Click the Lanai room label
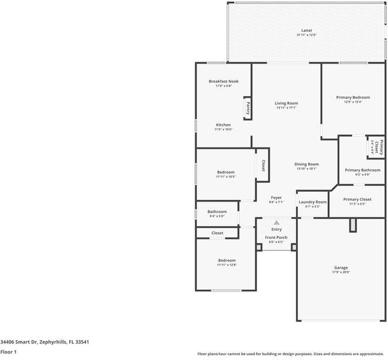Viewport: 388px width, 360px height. point(306,30)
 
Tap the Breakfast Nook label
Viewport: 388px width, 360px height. point(223,81)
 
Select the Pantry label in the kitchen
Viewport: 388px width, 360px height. point(247,109)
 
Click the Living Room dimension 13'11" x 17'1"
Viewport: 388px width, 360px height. point(286,108)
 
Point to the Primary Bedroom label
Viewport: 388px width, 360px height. point(353,97)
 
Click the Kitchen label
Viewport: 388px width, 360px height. point(223,125)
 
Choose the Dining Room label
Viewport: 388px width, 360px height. point(306,164)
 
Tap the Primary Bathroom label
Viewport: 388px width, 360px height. point(362,170)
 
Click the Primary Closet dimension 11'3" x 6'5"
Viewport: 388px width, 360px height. point(357,204)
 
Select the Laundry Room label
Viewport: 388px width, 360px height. point(312,202)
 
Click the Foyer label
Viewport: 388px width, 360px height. point(276,197)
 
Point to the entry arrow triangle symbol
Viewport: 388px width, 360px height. point(276,223)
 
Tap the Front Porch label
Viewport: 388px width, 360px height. point(276,238)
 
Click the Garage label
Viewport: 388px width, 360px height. point(341,268)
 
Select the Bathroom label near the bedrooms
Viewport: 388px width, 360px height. point(217,211)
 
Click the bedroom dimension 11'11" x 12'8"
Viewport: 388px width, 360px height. point(226,265)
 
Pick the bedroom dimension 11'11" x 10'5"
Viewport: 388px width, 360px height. point(226,176)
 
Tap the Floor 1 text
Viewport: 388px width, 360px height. point(8,352)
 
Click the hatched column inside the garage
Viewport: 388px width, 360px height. point(353,225)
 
